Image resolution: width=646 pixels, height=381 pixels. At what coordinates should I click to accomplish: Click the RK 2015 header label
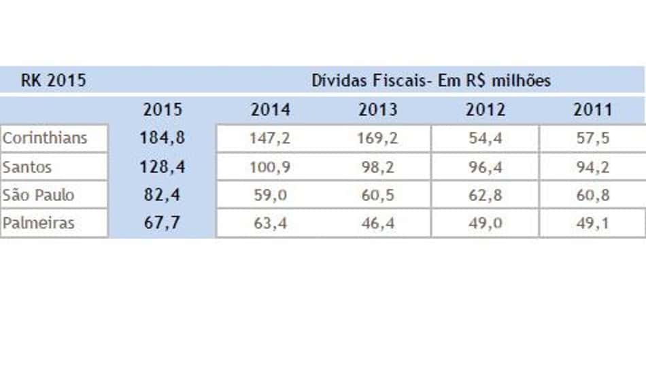pyautogui.click(x=54, y=80)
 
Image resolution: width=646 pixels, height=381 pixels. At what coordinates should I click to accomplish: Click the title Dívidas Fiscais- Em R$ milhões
pyautogui.click(x=431, y=80)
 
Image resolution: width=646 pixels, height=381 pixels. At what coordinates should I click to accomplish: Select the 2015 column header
pyautogui.click(x=163, y=110)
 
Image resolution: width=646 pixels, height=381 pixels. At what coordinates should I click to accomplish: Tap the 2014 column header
pyautogui.click(x=270, y=110)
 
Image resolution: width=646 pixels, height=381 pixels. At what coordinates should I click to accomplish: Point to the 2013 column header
pyautogui.click(x=378, y=110)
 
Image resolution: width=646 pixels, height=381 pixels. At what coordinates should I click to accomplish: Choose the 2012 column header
pyautogui.click(x=486, y=110)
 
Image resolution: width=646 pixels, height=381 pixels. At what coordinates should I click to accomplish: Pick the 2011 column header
pyautogui.click(x=593, y=110)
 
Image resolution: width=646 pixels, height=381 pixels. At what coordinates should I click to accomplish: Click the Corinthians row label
pyautogui.click(x=45, y=138)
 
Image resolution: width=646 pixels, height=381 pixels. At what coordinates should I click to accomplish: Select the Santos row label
pyautogui.click(x=27, y=167)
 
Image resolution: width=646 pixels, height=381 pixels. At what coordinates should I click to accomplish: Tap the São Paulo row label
pyautogui.click(x=38, y=195)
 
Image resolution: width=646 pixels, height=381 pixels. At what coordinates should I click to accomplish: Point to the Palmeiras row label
pyautogui.click(x=38, y=223)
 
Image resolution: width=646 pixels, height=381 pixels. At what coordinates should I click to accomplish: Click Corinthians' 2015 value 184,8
pyautogui.click(x=163, y=138)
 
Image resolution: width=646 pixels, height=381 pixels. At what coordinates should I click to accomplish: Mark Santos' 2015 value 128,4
pyautogui.click(x=163, y=167)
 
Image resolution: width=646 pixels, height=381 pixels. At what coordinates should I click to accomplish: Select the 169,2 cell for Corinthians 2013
pyautogui.click(x=377, y=139)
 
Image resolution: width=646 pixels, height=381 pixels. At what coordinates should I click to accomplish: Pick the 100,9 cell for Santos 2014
pyautogui.click(x=270, y=168)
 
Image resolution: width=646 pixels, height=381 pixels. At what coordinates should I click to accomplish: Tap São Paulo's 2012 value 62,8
pyautogui.click(x=486, y=195)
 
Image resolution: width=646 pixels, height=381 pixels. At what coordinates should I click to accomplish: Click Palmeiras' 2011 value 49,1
pyautogui.click(x=593, y=223)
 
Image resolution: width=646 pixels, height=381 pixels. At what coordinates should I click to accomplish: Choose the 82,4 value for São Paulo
pyautogui.click(x=162, y=195)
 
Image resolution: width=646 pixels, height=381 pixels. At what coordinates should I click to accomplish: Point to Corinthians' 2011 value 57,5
pyautogui.click(x=593, y=139)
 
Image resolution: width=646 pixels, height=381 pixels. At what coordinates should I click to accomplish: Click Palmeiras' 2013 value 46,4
pyautogui.click(x=378, y=223)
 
